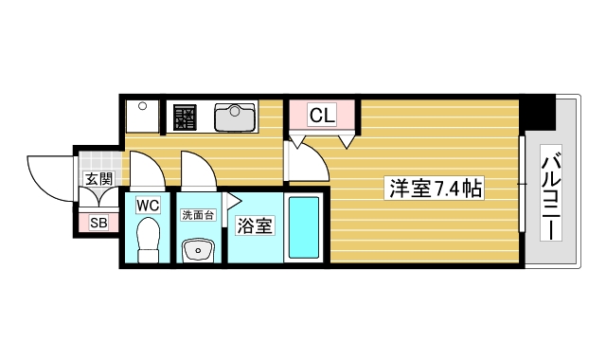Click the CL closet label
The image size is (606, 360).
click(x=322, y=116)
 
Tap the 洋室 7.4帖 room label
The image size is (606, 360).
click(x=435, y=188)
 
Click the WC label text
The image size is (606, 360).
click(x=149, y=205)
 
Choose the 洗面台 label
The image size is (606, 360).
click(x=198, y=215)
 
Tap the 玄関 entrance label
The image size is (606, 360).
click(x=98, y=178)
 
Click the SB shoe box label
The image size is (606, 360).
click(x=98, y=223)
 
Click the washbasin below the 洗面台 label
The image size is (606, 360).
click(x=198, y=250)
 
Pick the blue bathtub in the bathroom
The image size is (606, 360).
click(x=303, y=227)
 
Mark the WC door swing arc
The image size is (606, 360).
click(x=148, y=171)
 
